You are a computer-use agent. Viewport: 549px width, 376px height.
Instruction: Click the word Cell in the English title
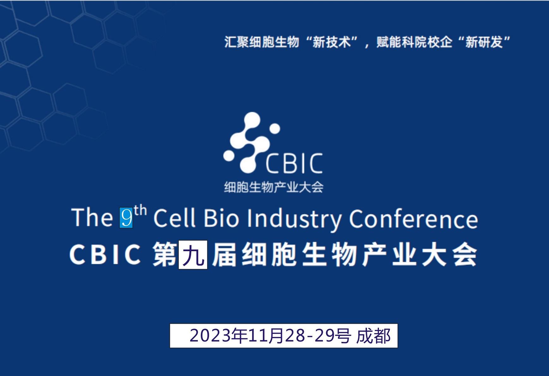(x=174, y=218)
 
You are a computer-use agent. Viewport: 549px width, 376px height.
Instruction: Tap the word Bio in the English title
(x=221, y=218)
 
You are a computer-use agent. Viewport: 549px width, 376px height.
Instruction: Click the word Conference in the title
(x=413, y=218)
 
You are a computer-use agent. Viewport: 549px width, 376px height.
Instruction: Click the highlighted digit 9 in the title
(x=126, y=217)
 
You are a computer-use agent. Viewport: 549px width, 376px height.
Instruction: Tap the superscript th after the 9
(x=140, y=210)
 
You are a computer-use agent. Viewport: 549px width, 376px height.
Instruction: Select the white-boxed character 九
(x=193, y=255)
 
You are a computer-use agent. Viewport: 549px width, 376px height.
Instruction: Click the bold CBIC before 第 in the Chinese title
(x=105, y=255)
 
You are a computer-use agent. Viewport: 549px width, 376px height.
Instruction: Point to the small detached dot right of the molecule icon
(x=274, y=129)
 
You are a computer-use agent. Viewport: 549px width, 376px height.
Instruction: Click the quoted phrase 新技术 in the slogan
(x=332, y=42)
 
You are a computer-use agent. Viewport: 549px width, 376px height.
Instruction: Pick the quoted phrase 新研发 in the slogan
(x=484, y=42)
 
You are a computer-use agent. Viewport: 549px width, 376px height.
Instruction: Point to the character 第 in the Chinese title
(x=165, y=255)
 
